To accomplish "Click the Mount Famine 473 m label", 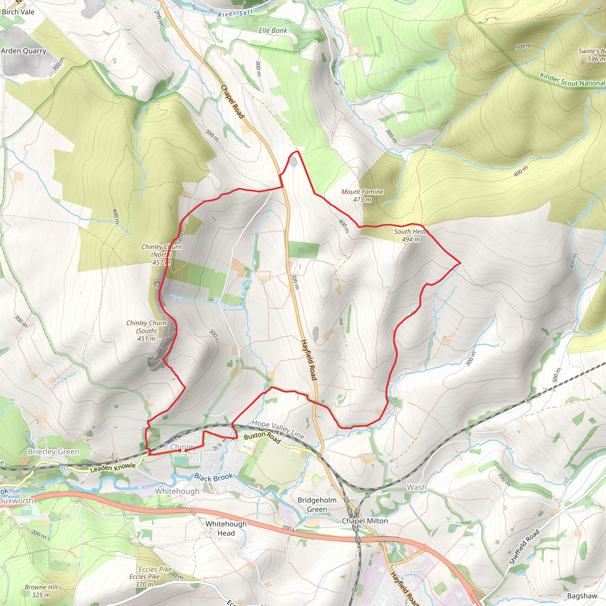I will pyautogui.click(x=362, y=196).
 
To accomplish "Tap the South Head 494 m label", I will pyautogui.click(x=411, y=235).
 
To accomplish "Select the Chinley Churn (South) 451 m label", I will pyautogui.click(x=146, y=331).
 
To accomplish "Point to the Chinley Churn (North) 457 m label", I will pyautogui.click(x=161, y=254).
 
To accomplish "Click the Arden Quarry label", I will pyautogui.click(x=24, y=51).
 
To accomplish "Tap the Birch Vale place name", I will pyautogui.click(x=18, y=12).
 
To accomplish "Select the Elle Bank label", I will pyautogui.click(x=273, y=30).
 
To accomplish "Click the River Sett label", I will pyautogui.click(x=235, y=14).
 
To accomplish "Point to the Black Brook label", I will pyautogui.click(x=213, y=478).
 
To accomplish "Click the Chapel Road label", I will pyautogui.click(x=232, y=101).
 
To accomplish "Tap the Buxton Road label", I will pyautogui.click(x=262, y=437).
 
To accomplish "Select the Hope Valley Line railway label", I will pyautogui.click(x=278, y=429).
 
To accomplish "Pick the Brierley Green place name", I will pyautogui.click(x=53, y=452).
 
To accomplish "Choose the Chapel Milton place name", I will pyautogui.click(x=365, y=521).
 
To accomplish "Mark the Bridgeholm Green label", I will pyautogui.click(x=317, y=505).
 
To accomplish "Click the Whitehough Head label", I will pyautogui.click(x=226, y=528).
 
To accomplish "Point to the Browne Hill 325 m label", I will pyautogui.click(x=41, y=591).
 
